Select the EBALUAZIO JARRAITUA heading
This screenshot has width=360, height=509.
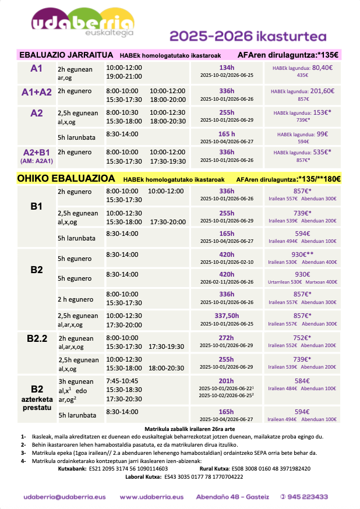point(66,55)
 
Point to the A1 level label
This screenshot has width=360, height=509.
point(36,69)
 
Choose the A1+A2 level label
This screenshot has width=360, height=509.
point(36,91)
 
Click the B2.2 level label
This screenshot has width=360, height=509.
point(37,338)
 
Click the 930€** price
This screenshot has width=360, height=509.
point(302,254)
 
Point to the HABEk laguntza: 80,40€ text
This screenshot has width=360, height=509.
point(302,68)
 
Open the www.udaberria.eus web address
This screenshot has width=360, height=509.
point(151,497)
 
